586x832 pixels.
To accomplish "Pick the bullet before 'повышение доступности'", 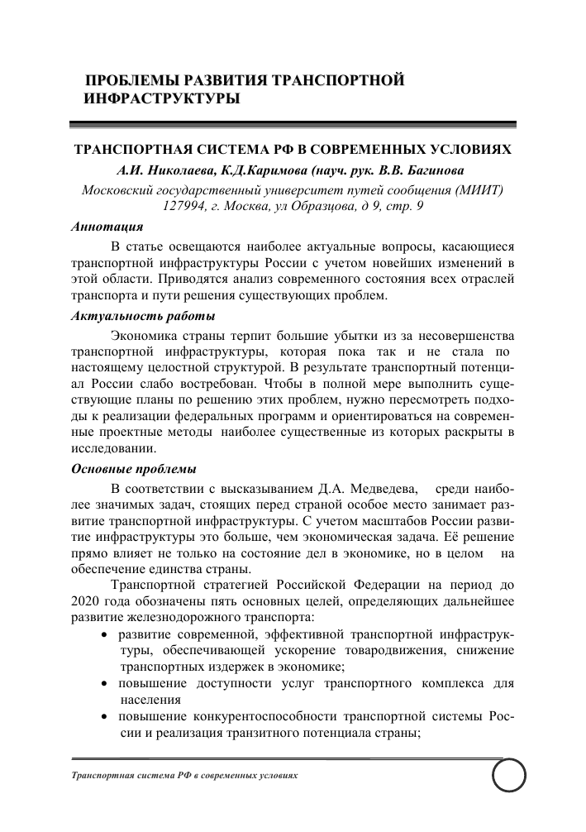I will pos(103,685).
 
